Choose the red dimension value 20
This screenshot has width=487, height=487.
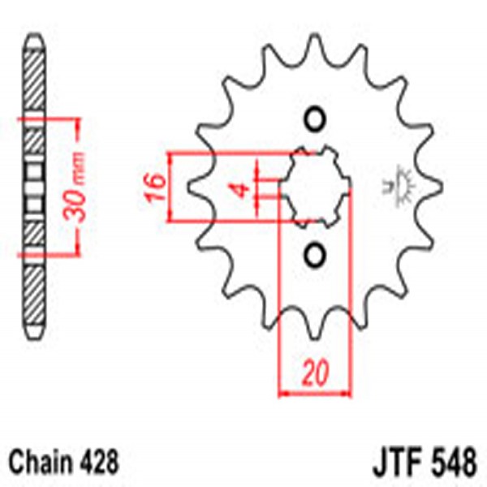[x=316, y=374]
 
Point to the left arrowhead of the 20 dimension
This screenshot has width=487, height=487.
[x=283, y=395]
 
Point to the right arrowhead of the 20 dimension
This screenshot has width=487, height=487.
[x=347, y=395]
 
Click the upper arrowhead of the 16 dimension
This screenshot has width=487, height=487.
[x=172, y=157]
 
